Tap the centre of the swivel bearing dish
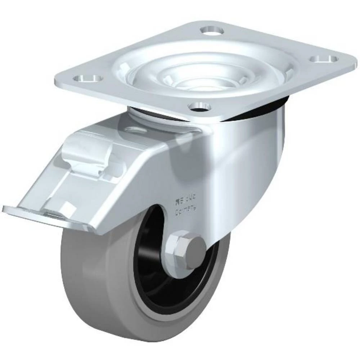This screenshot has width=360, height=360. click(203, 76)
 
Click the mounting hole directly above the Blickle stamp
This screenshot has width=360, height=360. click(199, 106)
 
